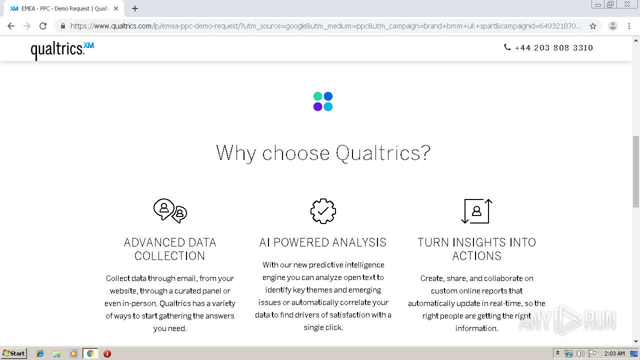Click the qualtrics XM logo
tap(62, 50)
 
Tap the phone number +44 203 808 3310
tap(553, 47)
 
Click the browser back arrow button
tap(11, 26)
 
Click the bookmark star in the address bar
tap(593, 26)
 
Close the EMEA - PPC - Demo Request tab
tap(116, 8)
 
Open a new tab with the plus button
tap(135, 8)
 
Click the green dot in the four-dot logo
tap(317, 96)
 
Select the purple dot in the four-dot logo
tap(317, 106)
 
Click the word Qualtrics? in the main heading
tap(383, 153)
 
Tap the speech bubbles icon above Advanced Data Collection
tap(170, 211)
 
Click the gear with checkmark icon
tap(323, 211)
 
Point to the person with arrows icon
tap(476, 211)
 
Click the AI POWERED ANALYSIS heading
tap(323, 242)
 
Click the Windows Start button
tap(13, 353)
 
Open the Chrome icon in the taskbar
tap(90, 353)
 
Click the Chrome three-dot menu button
tap(629, 26)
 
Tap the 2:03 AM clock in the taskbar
tap(614, 353)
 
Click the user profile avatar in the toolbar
tap(612, 26)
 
